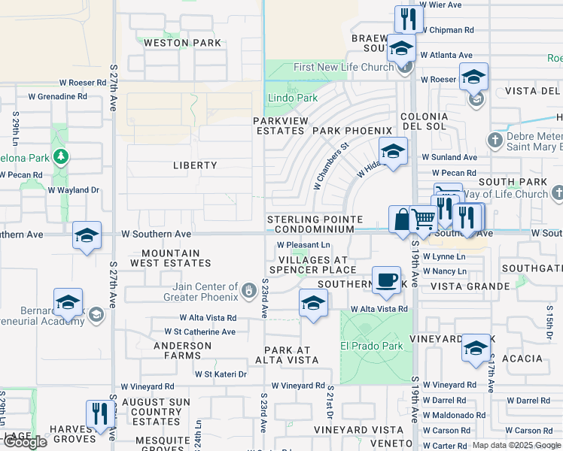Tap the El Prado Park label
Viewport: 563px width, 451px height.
(x=371, y=347)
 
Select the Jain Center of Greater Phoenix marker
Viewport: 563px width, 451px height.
(x=249, y=289)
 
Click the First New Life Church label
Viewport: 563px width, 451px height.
(x=343, y=67)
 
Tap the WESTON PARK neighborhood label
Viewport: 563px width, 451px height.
(x=183, y=43)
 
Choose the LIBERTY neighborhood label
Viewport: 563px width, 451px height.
(x=195, y=165)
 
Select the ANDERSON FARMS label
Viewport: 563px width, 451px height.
(x=182, y=351)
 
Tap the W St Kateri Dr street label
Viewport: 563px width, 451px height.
(x=221, y=374)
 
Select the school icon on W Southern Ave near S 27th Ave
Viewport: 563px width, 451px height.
(x=87, y=235)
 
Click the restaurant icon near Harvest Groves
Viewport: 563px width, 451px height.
(x=99, y=413)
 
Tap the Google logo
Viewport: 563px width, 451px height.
(x=24, y=442)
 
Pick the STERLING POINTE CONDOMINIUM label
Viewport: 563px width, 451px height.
(x=315, y=224)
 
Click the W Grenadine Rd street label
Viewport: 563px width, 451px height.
(x=57, y=96)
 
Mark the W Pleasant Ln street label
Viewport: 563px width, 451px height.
(x=303, y=245)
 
